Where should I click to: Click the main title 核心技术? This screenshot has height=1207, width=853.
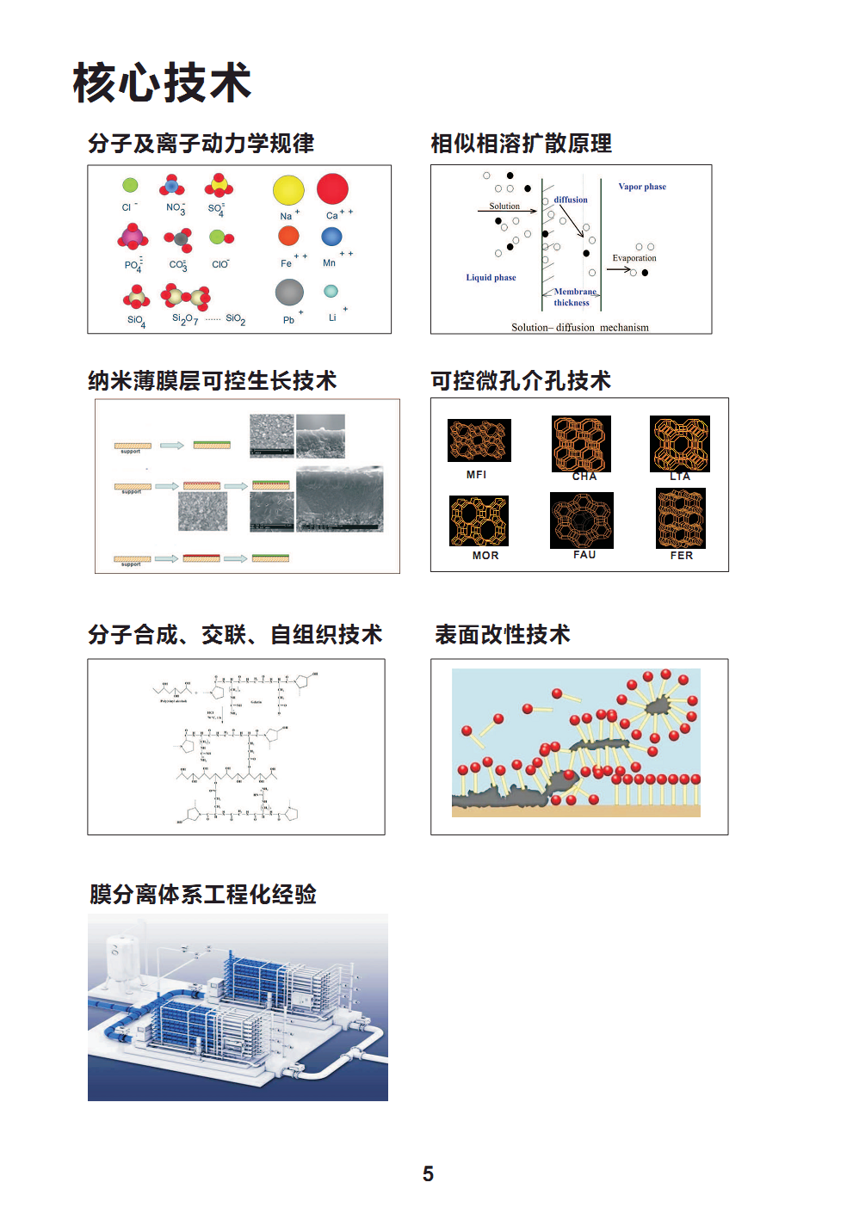(162, 83)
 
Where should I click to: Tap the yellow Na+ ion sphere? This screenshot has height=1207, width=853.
(288, 190)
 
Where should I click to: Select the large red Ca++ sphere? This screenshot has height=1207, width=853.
(332, 188)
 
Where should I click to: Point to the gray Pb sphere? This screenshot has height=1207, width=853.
(289, 293)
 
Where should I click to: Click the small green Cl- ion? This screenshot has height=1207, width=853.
(130, 185)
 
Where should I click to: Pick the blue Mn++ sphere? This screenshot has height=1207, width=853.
(331, 237)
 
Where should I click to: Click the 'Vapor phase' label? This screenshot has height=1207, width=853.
(642, 187)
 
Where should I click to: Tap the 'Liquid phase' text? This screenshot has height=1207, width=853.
(491, 277)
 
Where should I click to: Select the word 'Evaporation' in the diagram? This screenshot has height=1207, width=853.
(634, 258)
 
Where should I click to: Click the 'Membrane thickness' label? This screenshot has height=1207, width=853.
(574, 297)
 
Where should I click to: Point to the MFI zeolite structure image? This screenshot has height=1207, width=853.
(479, 440)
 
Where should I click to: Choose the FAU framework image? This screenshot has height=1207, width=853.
(582, 520)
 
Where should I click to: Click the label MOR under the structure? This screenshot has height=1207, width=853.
(485, 556)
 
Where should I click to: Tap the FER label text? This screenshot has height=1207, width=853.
(682, 556)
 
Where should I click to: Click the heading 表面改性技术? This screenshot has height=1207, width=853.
(503, 635)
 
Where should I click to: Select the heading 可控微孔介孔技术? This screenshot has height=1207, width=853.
(521, 380)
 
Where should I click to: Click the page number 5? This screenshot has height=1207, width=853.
(428, 1174)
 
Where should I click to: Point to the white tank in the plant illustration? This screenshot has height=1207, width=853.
(120, 962)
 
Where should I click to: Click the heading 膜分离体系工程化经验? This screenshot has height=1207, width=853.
(203, 895)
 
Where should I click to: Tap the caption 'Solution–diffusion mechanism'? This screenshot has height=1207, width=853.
(580, 327)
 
